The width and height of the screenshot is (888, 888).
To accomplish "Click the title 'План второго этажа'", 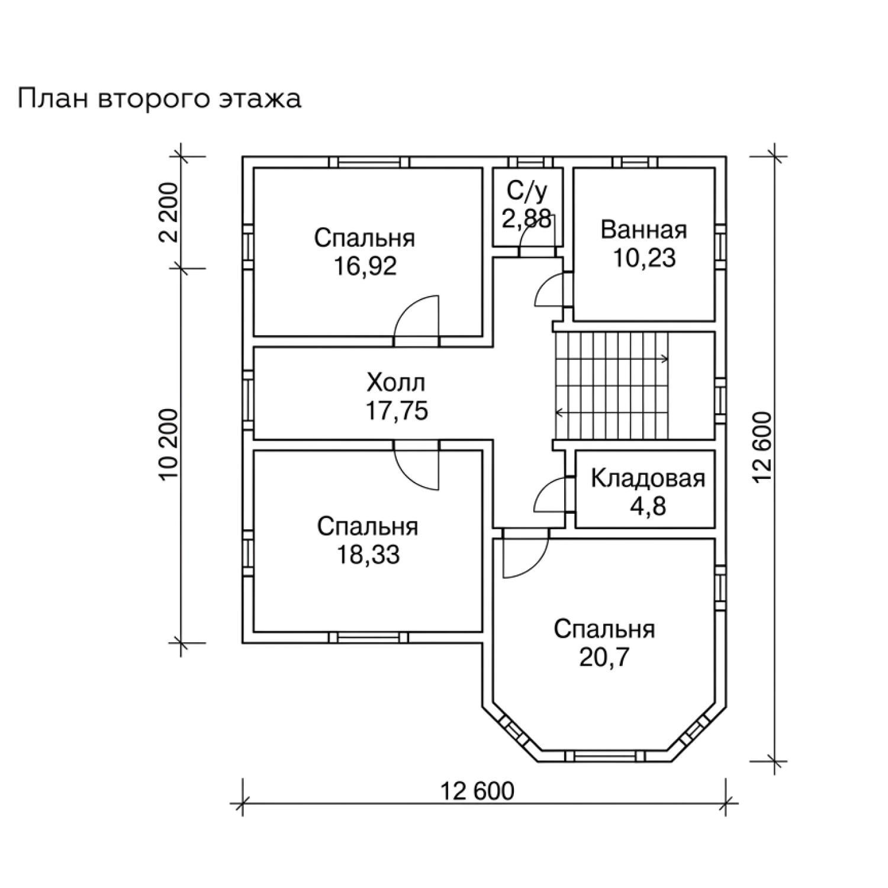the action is click(x=159, y=99).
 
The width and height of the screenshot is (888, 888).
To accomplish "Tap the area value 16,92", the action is click(x=365, y=267).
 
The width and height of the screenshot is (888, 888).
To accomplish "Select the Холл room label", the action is click(x=396, y=383).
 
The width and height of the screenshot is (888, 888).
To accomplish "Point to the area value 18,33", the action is click(x=368, y=555).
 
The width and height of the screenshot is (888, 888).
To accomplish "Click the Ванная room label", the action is click(x=644, y=230).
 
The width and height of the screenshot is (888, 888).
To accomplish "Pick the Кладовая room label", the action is click(x=648, y=478).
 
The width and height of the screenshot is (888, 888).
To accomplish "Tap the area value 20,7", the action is click(x=604, y=658).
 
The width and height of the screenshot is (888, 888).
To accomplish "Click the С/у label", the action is click(x=527, y=191).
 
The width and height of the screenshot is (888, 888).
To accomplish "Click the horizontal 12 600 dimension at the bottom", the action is click(x=478, y=791).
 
